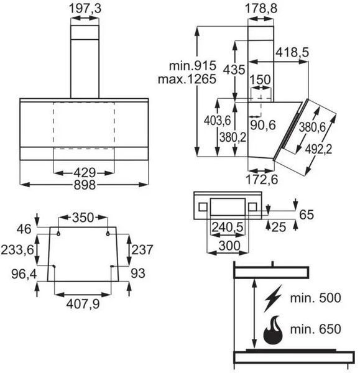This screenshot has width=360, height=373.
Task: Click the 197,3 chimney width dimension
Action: tap(85, 8)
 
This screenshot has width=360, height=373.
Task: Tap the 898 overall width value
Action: tap(85, 185)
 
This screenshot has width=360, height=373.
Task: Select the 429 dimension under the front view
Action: tap(85, 172)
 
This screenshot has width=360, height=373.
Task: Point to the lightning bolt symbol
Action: tap(273, 298)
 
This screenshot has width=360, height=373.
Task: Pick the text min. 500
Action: tap(315, 298)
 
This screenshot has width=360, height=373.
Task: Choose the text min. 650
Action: tap(315, 329)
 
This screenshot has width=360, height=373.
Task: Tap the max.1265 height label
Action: tap(187, 79)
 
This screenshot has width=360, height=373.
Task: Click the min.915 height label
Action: tap(193, 65)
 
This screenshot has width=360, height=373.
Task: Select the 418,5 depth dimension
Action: tap(292, 52)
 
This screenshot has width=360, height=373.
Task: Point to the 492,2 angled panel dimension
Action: tap(318, 149)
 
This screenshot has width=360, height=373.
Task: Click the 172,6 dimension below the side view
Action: tap(262, 180)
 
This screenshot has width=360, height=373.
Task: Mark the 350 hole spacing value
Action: tap(83, 218)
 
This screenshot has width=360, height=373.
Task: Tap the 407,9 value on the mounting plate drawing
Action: tap(83, 304)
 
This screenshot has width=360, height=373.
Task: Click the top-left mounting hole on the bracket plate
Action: tap(58, 234)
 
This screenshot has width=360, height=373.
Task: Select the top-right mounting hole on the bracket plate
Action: tap(108, 234)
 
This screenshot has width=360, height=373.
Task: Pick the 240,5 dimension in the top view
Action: tap(228, 227)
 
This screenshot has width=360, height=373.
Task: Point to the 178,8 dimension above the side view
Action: tap(261, 8)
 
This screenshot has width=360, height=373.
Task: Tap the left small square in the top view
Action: tap(203, 207)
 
